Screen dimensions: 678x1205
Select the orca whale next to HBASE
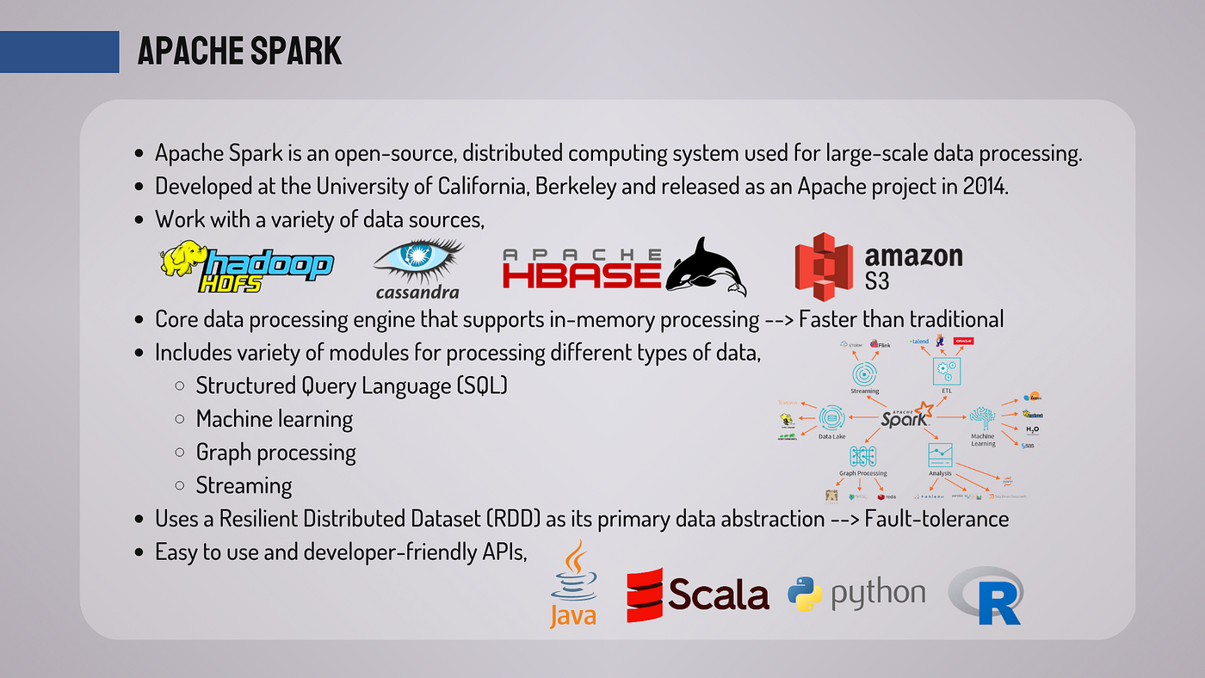706,267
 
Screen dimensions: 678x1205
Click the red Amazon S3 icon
823,266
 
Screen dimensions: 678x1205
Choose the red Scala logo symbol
645,595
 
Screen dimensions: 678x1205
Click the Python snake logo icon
805,594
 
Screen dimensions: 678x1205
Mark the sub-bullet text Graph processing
275,453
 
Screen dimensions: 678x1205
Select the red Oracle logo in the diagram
964,342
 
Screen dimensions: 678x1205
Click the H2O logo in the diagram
1032,428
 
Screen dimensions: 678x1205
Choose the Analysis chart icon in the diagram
940,454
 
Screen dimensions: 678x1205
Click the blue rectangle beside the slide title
59,52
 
